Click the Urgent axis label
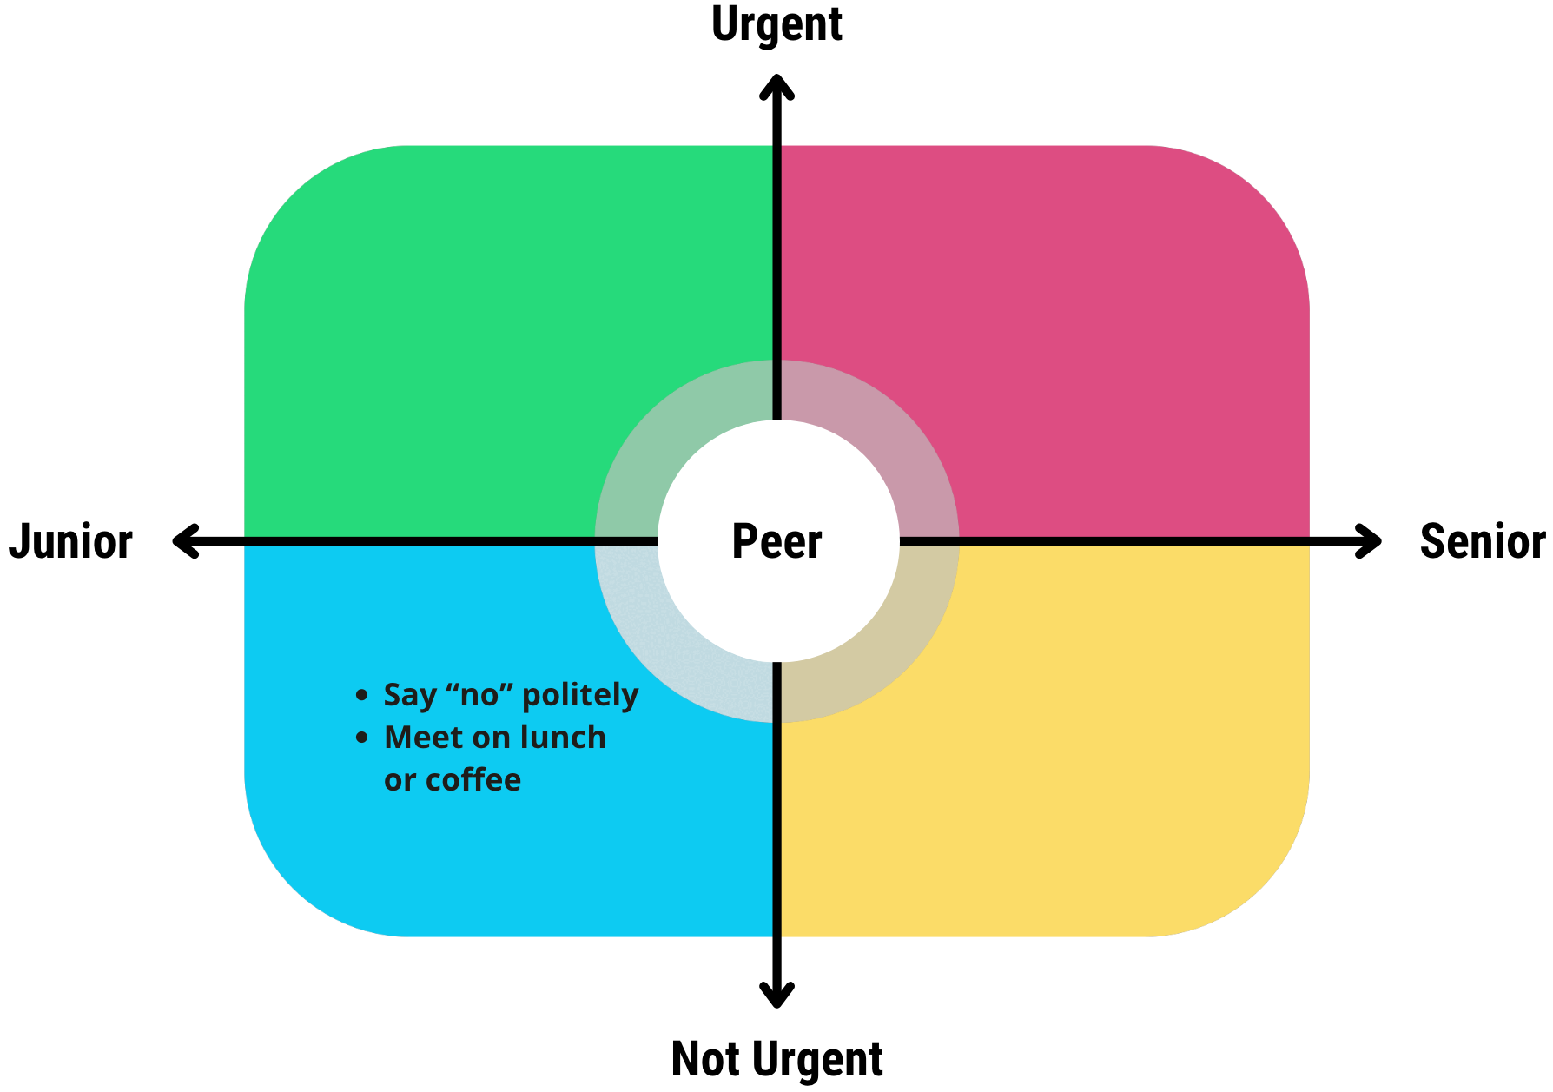[776, 24]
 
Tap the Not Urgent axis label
[776, 1059]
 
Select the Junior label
[70, 541]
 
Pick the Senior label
[1482, 541]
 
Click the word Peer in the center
[776, 541]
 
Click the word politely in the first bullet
[580, 695]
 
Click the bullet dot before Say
[362, 695]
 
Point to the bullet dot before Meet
[362, 738]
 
